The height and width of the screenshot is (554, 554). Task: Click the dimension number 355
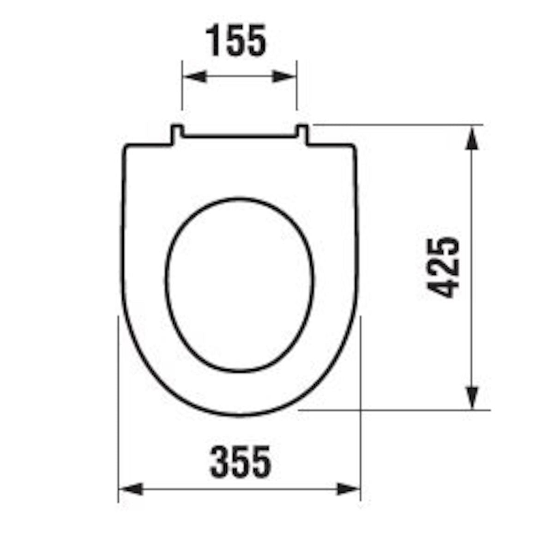point(241,461)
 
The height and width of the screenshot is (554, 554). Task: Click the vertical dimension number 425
point(444,267)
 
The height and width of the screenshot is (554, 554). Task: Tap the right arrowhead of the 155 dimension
point(283,77)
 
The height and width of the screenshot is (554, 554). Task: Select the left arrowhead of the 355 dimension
point(131,489)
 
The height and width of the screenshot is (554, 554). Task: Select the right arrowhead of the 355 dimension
point(349,489)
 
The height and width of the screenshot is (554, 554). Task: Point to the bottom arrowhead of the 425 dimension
point(471,397)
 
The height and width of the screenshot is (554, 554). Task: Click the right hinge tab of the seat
point(302,134)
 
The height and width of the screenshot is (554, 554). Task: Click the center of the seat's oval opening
point(240,284)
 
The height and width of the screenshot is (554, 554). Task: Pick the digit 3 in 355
point(220,461)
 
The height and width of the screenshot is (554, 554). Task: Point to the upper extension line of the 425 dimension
point(397,125)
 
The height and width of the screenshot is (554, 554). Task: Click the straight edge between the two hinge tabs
point(239,137)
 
